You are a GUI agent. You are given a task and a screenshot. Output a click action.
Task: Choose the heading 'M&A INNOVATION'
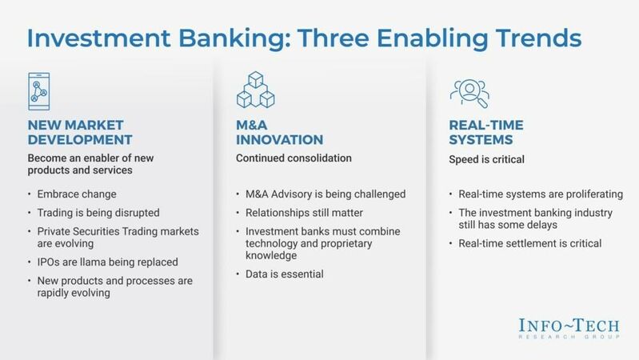pos(275,133)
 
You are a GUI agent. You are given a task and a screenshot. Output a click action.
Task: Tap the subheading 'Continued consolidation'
pos(294,158)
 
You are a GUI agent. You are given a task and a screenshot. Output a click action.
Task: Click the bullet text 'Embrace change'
pos(66,194)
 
